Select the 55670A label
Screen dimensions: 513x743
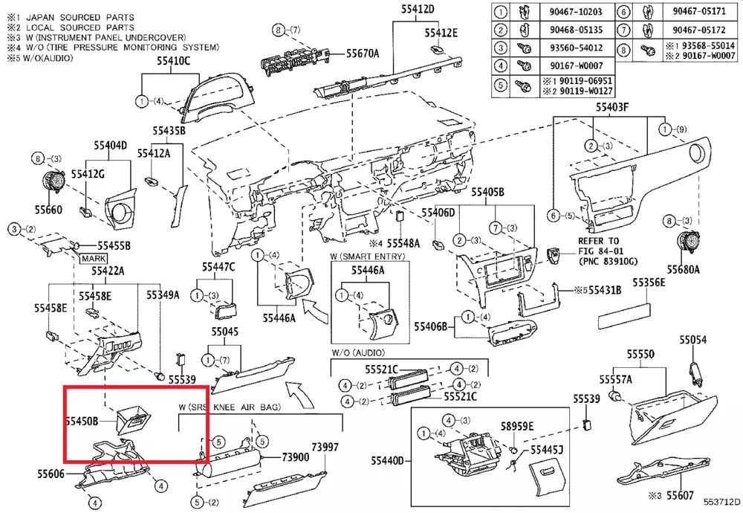click(363, 53)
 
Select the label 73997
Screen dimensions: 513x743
click(325, 447)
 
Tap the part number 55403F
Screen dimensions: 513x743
click(611, 108)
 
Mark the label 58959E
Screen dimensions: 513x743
click(517, 426)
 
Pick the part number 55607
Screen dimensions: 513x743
click(680, 494)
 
